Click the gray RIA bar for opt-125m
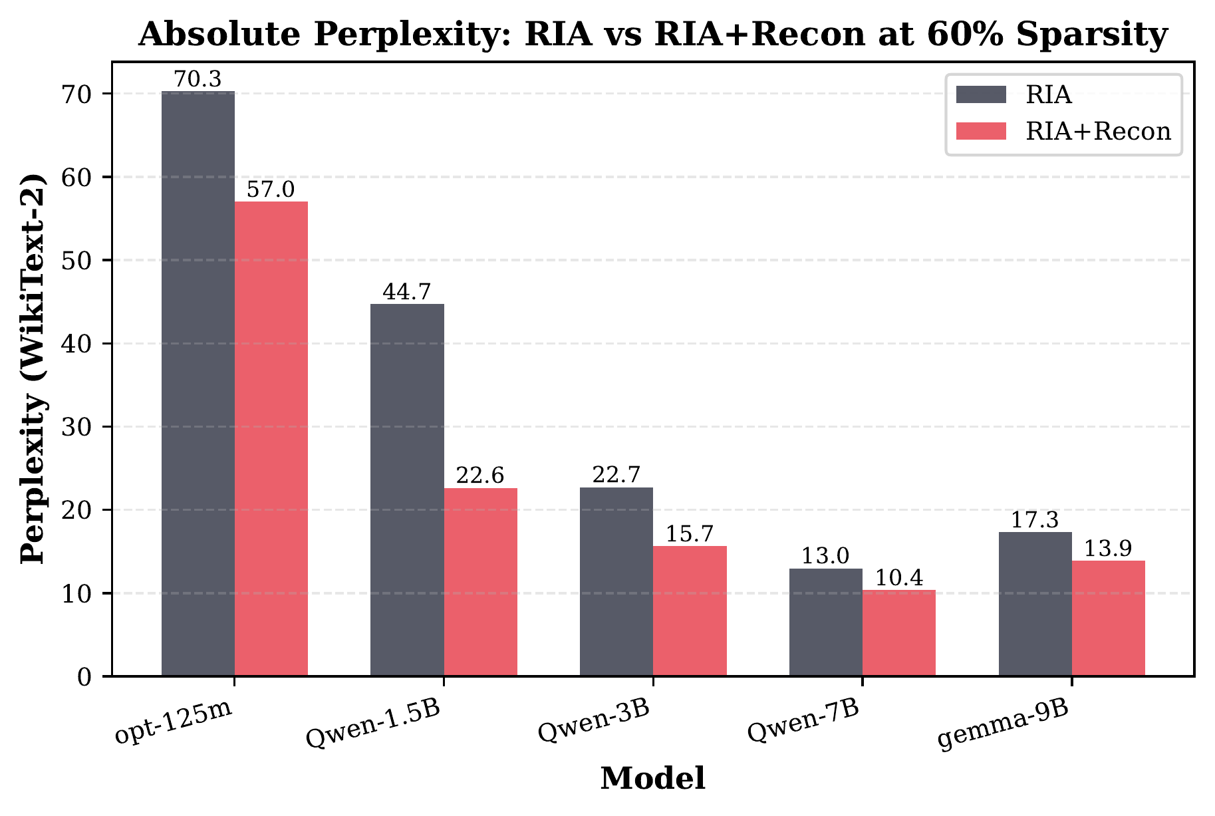pyautogui.click(x=198, y=384)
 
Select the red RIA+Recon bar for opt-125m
pyautogui.click(x=271, y=439)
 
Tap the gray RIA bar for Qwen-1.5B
pyautogui.click(x=407, y=490)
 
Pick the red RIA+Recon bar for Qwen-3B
pyautogui.click(x=690, y=611)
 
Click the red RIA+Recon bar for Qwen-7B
pyautogui.click(x=899, y=633)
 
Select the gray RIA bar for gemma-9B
pyautogui.click(x=1035, y=604)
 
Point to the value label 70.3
pyautogui.click(x=198, y=80)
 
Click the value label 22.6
pyautogui.click(x=480, y=476)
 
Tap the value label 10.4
pyautogui.click(x=899, y=578)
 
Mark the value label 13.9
pyautogui.click(x=1109, y=549)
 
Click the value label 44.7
pyautogui.click(x=407, y=292)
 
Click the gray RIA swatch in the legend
pyautogui.click(x=981, y=95)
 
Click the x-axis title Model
pyautogui.click(x=652, y=779)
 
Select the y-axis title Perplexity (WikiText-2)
pyautogui.click(x=33, y=369)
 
